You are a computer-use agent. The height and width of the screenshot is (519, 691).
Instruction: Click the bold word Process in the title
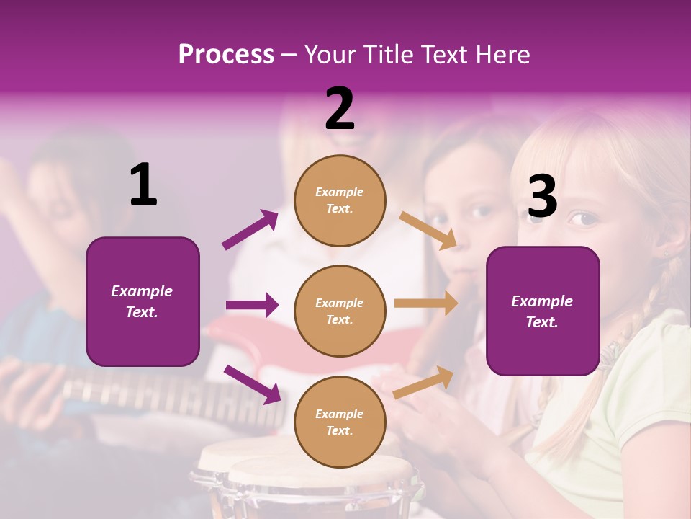click(x=226, y=55)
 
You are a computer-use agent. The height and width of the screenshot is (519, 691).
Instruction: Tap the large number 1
click(x=143, y=185)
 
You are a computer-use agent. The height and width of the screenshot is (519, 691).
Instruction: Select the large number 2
click(x=340, y=109)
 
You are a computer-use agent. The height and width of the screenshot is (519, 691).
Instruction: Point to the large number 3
click(x=542, y=197)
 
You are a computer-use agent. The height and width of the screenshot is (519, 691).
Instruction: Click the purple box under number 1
click(x=143, y=301)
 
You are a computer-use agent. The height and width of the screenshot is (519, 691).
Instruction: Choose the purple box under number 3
click(x=543, y=311)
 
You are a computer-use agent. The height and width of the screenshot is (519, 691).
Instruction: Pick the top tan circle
click(x=340, y=200)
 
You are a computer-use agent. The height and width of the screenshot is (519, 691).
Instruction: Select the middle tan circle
click(x=340, y=311)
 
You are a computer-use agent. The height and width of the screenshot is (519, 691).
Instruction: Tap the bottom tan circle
click(x=340, y=422)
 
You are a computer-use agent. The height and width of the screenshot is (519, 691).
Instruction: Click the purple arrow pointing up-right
click(x=250, y=230)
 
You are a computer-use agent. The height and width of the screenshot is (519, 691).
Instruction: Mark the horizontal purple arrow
click(x=252, y=305)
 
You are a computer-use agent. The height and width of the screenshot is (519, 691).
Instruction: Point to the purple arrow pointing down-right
click(x=252, y=384)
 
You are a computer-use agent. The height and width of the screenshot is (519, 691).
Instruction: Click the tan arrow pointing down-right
click(x=428, y=230)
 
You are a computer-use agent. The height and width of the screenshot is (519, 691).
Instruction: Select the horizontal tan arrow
click(x=426, y=303)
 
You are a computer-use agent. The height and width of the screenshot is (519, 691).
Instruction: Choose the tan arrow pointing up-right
click(x=424, y=383)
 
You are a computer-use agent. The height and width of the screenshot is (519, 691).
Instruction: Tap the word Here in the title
click(x=502, y=55)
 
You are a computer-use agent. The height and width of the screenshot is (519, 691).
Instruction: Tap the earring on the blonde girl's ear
click(x=666, y=254)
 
